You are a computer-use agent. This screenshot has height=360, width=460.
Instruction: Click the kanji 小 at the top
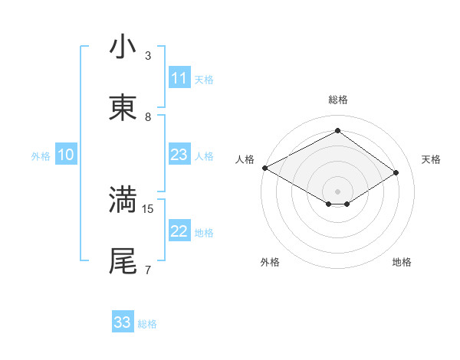click(123, 47)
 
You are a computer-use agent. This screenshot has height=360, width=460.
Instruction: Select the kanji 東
click(123, 108)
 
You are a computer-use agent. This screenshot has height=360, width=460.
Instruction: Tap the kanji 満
click(123, 199)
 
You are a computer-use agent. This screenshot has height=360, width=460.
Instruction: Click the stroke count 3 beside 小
click(148, 55)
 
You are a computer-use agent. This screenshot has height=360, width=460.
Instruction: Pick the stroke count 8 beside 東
click(148, 116)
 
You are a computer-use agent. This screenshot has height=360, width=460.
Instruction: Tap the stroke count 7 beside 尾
click(148, 270)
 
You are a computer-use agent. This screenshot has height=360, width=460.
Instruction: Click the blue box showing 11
click(179, 78)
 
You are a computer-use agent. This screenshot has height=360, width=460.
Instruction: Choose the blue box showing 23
click(179, 155)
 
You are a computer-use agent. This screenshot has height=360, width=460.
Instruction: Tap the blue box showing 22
click(179, 232)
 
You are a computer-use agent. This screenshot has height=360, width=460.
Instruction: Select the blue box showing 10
click(66, 155)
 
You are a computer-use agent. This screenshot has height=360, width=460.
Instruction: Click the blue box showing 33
click(123, 322)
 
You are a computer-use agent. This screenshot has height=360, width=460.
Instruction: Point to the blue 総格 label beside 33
click(147, 324)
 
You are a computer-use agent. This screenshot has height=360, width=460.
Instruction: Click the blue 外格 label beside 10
click(41, 156)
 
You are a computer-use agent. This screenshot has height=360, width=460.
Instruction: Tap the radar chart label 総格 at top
click(337, 100)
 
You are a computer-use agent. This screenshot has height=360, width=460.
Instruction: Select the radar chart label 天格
click(431, 159)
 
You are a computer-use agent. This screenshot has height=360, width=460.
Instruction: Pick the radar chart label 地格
click(402, 262)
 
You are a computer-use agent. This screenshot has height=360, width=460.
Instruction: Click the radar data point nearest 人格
click(264, 168)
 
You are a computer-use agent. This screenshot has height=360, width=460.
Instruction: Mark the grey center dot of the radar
click(337, 191)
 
